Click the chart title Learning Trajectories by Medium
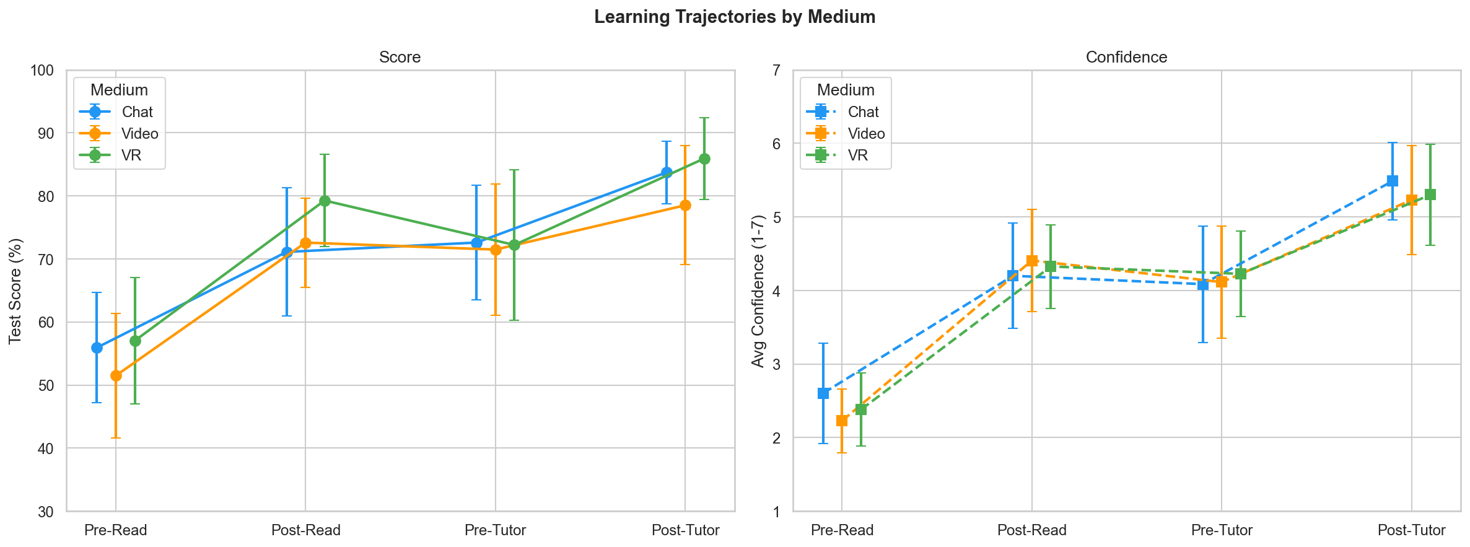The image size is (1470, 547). click(735, 17)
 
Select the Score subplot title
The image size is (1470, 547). click(400, 57)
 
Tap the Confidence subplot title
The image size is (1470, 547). click(1126, 57)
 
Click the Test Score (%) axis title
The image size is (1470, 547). click(15, 291)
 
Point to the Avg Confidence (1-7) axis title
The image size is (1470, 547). click(758, 291)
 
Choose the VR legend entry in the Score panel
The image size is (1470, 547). click(131, 155)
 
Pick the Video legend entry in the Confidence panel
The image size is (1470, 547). click(865, 133)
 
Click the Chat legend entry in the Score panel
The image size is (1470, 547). click(137, 112)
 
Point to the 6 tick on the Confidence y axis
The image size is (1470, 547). click(775, 143)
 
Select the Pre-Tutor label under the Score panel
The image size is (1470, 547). click(495, 530)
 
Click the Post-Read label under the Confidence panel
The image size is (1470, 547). click(1031, 530)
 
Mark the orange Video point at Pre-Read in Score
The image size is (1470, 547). click(116, 375)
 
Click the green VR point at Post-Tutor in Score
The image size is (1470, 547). click(704, 159)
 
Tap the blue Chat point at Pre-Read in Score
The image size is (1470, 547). click(97, 348)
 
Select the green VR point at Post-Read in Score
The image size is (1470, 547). click(325, 201)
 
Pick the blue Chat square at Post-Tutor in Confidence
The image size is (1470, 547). click(1393, 181)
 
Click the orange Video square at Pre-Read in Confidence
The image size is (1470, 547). click(842, 421)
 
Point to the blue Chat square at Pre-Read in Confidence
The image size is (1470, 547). click(823, 393)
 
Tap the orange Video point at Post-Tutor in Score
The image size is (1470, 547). click(685, 205)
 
